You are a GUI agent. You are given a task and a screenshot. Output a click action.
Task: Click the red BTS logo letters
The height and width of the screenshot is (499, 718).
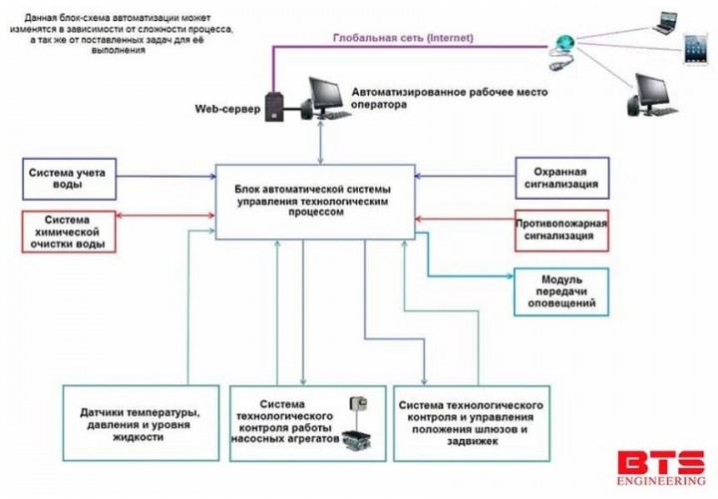660,465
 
